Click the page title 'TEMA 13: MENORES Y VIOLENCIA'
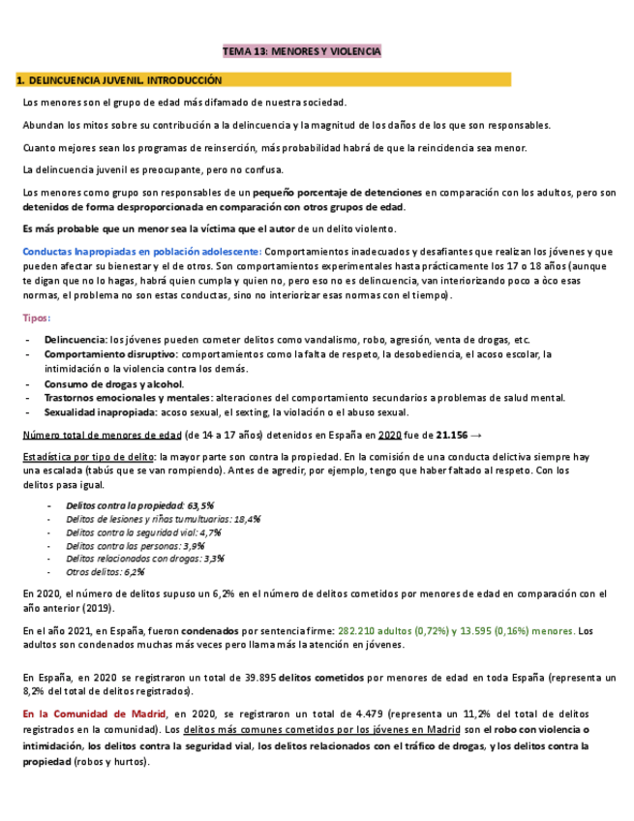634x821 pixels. (x=302, y=50)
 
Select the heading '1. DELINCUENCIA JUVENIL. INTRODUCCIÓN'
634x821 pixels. (x=119, y=80)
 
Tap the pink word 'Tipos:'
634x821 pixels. (x=37, y=318)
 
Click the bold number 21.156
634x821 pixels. (x=453, y=435)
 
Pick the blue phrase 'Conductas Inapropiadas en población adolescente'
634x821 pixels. (x=140, y=251)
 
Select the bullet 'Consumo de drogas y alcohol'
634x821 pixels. (x=113, y=383)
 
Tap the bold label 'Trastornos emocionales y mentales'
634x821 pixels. (x=127, y=397)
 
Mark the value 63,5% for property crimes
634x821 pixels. (x=198, y=505)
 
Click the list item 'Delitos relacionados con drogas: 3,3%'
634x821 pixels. (x=145, y=558)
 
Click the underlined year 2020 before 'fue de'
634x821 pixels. (x=390, y=435)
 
